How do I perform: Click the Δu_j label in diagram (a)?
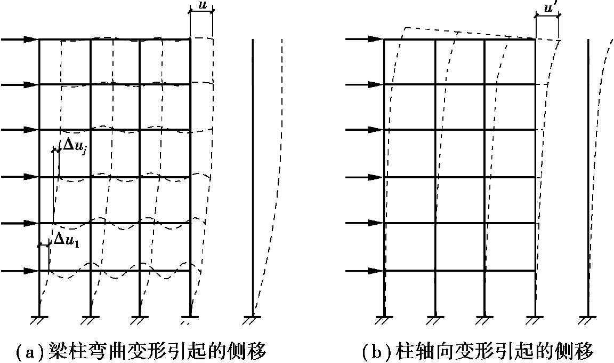point(75,145)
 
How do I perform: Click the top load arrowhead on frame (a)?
point(31,39)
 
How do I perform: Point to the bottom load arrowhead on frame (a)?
point(31,271)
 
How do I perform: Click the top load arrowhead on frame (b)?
point(377,39)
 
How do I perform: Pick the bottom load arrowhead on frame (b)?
point(377,271)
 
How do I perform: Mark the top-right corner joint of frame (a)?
point(190,39)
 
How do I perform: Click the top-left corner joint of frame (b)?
point(384,39)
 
